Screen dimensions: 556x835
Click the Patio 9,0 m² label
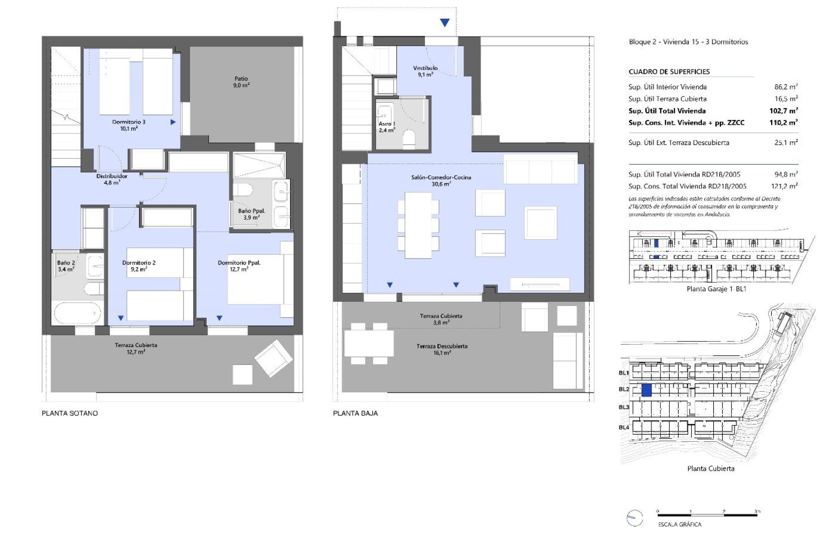241,82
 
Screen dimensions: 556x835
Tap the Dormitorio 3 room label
129,125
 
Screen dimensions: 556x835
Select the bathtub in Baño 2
77,313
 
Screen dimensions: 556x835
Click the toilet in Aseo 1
409,139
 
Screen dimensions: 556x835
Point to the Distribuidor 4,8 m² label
112,179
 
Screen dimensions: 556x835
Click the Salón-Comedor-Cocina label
441,180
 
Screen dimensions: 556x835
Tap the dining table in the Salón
418,225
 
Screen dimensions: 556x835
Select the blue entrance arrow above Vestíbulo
444,23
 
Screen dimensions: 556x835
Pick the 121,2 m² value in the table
786,186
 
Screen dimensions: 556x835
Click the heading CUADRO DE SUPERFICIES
669,72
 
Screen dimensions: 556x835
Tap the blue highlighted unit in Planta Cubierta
646,390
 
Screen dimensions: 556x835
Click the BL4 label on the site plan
624,427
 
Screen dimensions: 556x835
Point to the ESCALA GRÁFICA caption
679,524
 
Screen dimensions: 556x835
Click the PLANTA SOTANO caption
70,413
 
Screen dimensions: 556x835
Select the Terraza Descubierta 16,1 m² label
442,349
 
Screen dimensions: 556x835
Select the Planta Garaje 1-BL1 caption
716,289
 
